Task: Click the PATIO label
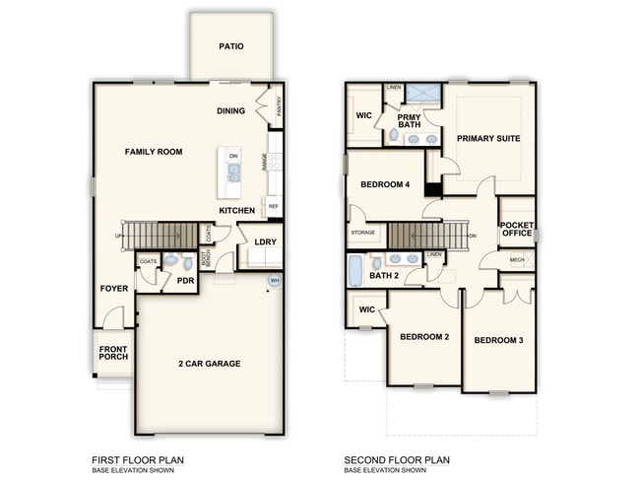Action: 231,46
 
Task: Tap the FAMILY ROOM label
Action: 154,152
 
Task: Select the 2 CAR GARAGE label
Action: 209,364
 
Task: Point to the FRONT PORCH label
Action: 113,352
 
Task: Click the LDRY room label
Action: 265,241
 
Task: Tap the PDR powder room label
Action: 185,281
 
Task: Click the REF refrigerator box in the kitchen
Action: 273,207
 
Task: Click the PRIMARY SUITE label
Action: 488,139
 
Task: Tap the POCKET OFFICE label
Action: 517,230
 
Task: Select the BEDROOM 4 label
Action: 384,184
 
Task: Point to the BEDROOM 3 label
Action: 498,341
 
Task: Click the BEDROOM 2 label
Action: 424,337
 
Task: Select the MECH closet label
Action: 517,260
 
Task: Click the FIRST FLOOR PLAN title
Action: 138,459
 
